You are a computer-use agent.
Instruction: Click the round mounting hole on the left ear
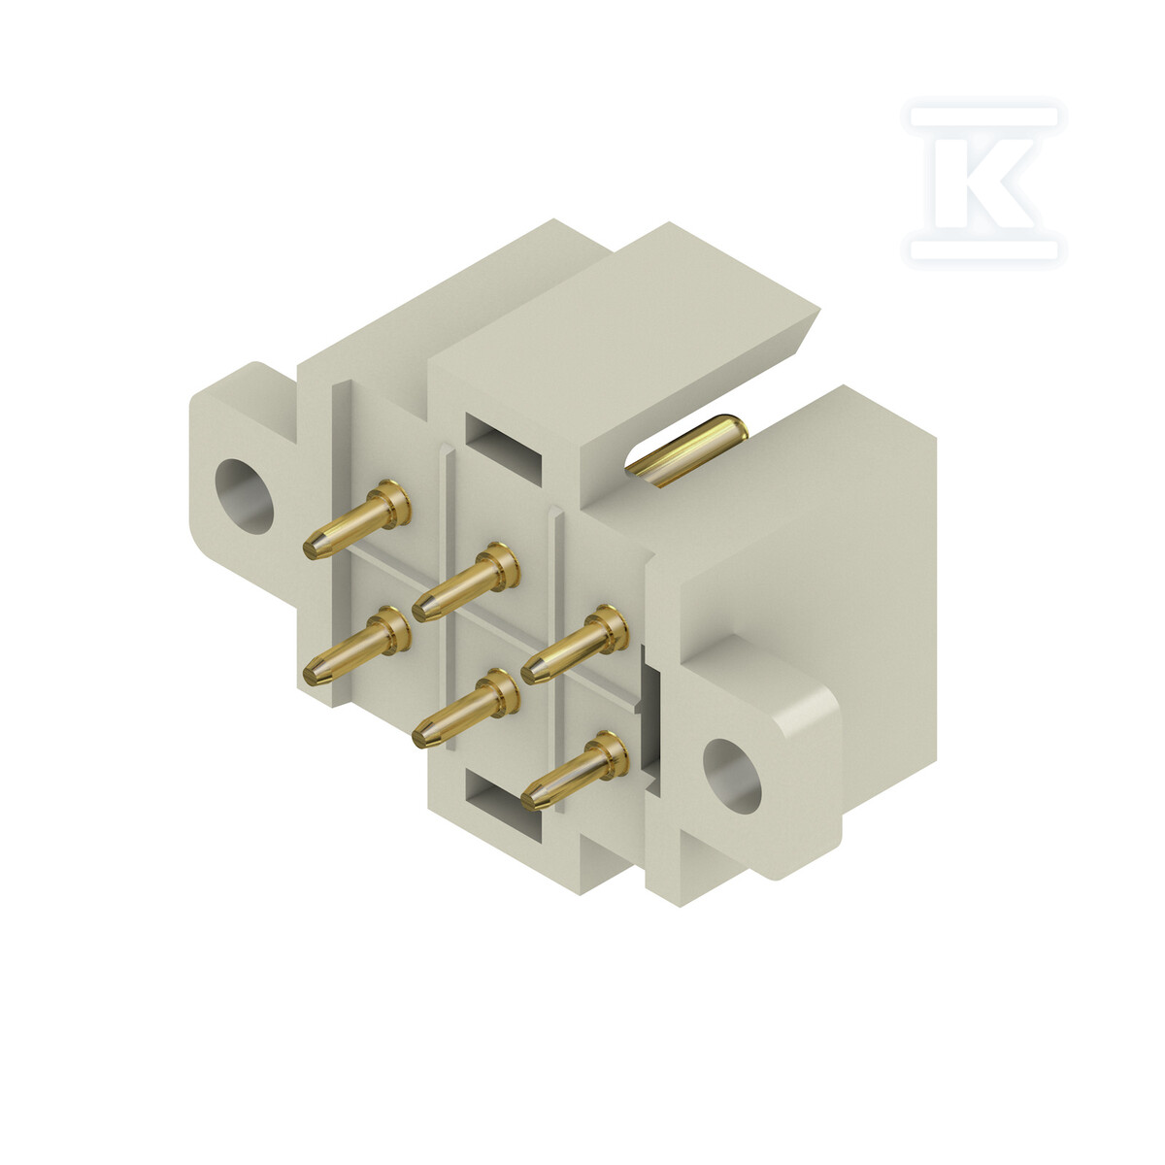coord(245,496)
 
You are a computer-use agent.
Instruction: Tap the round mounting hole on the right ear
coord(732,776)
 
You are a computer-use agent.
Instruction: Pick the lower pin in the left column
coord(356,646)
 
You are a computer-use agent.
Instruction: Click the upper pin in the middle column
coord(466,582)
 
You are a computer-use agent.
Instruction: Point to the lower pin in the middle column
coord(466,708)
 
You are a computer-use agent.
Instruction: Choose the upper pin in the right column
coord(575,645)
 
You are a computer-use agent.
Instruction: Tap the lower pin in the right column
coord(575,771)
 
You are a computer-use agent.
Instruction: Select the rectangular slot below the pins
coord(504,809)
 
